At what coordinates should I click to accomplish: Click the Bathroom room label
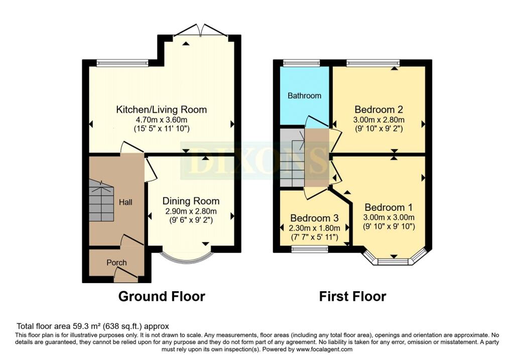[x=304, y=96]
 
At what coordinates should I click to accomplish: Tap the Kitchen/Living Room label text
[x=161, y=109]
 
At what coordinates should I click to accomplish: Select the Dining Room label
[x=191, y=201]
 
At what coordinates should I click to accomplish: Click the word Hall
[x=125, y=202]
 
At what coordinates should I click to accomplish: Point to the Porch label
[x=116, y=263]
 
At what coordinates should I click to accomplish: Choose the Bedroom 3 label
[x=314, y=218]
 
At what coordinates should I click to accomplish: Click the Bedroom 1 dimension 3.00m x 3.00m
[x=389, y=217]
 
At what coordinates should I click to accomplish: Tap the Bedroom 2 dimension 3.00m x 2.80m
[x=378, y=119]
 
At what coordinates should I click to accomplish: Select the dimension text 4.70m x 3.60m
[x=161, y=119]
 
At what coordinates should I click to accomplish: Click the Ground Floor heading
[x=162, y=296]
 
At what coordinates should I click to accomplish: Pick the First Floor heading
[x=352, y=296]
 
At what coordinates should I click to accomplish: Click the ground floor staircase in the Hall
[x=101, y=201]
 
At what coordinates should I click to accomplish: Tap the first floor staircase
[x=292, y=158]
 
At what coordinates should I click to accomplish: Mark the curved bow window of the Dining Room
[x=187, y=260]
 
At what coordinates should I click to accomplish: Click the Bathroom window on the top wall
[x=301, y=63]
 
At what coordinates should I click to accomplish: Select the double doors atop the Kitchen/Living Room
[x=200, y=30]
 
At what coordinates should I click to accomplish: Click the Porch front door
[x=126, y=276]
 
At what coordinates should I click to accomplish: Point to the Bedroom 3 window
[x=310, y=249]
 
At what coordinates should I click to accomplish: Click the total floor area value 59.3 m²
[x=86, y=326]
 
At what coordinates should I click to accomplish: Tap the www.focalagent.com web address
[x=324, y=349]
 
